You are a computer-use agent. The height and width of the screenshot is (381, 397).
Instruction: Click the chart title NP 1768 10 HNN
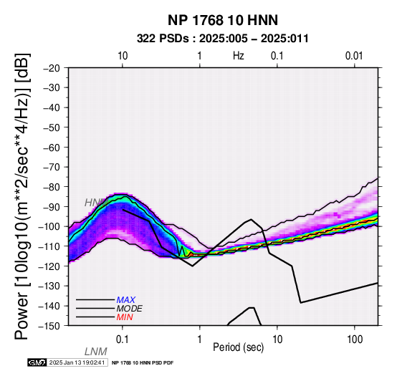tap(223, 20)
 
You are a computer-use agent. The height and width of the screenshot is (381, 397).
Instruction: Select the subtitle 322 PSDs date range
tap(223, 39)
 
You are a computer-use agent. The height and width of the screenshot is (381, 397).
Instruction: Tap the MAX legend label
tap(126, 300)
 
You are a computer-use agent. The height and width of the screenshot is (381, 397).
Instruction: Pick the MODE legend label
tap(130, 309)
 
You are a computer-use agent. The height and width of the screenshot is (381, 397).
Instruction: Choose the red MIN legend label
tap(125, 317)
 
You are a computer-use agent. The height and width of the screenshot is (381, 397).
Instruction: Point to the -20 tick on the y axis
tap(52, 68)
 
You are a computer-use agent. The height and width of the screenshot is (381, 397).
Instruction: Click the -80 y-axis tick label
tap(52, 187)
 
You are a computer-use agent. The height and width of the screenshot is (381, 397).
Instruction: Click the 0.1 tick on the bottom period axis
tap(123, 339)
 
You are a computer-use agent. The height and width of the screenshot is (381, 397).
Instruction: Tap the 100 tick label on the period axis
tap(355, 339)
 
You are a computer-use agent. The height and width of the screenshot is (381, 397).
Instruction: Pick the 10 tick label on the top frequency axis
tap(123, 56)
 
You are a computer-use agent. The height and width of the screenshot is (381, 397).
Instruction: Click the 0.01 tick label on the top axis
tap(354, 56)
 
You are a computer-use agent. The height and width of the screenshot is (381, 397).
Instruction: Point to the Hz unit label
tap(239, 56)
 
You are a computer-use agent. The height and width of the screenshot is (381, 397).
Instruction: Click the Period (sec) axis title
tap(239, 347)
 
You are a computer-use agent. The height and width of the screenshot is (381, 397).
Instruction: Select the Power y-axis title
tap(22, 196)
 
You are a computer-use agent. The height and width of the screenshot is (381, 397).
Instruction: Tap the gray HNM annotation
tap(96, 203)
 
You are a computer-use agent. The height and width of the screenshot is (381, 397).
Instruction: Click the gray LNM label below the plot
tap(96, 352)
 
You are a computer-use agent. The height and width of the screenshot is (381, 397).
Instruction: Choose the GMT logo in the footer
tap(37, 363)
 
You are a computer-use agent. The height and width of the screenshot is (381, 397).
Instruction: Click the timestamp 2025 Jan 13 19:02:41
tap(77, 363)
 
